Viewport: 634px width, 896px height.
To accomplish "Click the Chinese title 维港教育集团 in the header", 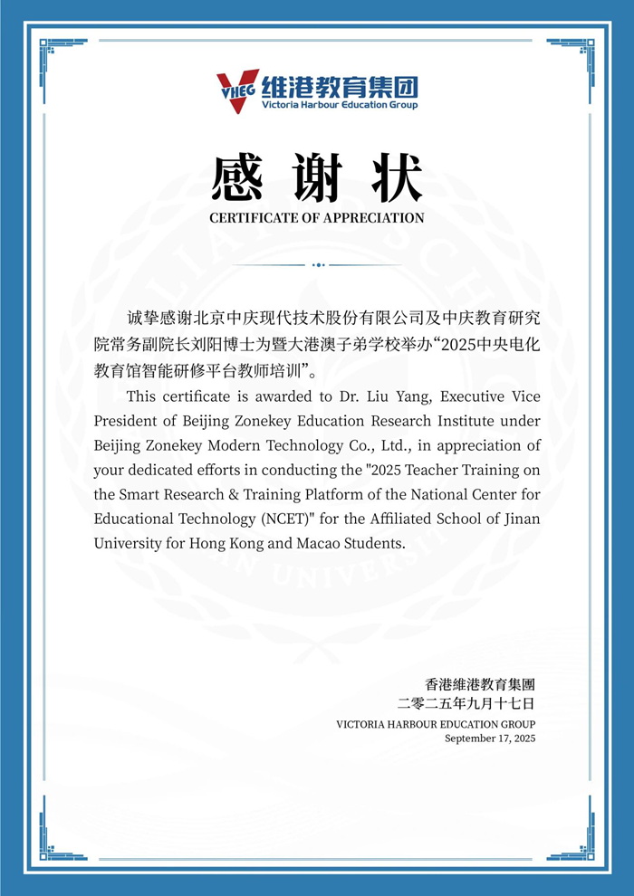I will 340,87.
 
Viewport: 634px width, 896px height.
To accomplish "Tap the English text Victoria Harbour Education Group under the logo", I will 340,106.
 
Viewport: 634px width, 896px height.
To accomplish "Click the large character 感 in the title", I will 237,178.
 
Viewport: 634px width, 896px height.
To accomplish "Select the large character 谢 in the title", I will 316,178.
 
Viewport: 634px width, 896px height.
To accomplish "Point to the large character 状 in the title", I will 397,178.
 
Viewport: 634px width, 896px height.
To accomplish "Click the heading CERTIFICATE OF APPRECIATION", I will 317,218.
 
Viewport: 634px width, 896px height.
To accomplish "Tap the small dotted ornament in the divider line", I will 317,265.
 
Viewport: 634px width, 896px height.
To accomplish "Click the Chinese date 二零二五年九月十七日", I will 466,703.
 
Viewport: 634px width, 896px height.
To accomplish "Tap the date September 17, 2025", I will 490,739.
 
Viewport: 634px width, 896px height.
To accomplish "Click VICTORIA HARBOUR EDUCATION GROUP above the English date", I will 436,724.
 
